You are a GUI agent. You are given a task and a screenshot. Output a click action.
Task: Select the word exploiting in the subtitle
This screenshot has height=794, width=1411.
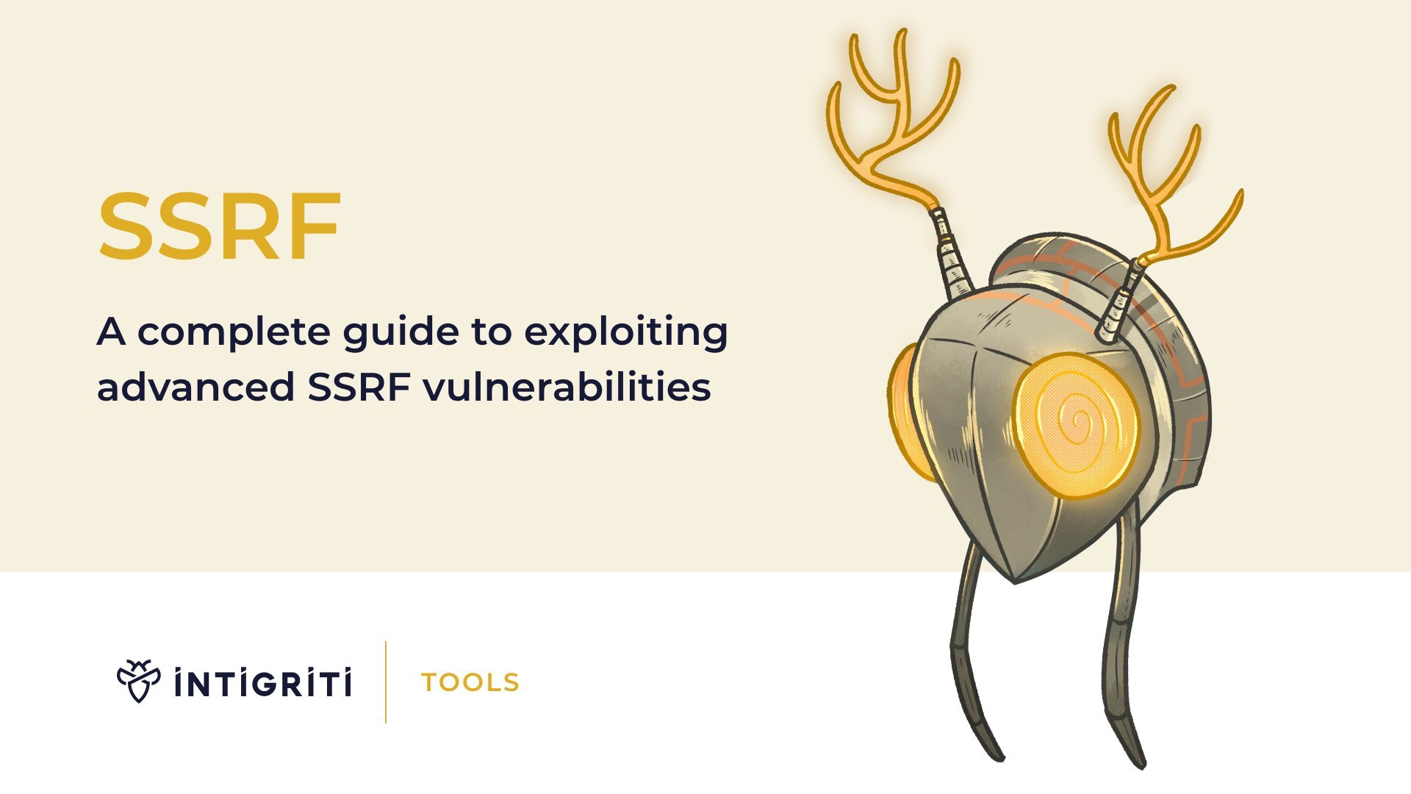coord(626,332)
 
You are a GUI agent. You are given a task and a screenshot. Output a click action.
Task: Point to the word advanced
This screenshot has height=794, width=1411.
coord(195,387)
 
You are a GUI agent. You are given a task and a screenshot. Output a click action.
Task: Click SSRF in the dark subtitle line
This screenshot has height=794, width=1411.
coord(359,387)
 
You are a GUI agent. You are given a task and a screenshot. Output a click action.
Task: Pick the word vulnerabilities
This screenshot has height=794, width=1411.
coord(567,387)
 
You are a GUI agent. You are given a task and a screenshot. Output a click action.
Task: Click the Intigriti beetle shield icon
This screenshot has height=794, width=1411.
coord(138,681)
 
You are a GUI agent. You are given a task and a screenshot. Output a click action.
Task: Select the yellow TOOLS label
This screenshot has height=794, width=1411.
coord(470,683)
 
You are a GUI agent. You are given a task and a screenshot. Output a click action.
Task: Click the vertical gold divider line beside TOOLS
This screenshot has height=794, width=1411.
coord(386,682)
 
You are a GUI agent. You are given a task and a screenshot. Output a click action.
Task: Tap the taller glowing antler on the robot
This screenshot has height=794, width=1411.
coord(893,118)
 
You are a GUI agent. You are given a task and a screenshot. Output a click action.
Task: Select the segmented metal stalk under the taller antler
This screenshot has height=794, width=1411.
coord(953,254)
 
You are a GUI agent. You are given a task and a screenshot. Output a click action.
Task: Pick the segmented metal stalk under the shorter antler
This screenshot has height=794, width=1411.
coord(1119,301)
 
